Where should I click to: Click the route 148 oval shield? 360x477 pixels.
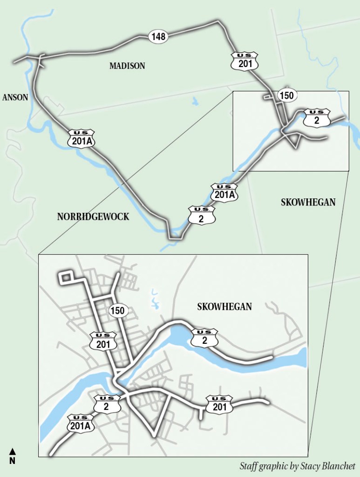click(x=158, y=36)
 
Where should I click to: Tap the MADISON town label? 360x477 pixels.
click(x=127, y=66)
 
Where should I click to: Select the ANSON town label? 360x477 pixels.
click(x=15, y=97)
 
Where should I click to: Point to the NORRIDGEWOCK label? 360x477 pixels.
click(x=93, y=217)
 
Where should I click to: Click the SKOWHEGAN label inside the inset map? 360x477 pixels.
click(x=224, y=307)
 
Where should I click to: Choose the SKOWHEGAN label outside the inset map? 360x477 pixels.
click(x=308, y=202)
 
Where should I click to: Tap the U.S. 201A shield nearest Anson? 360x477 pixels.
click(x=81, y=138)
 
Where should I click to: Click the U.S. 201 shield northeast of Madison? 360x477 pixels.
click(x=245, y=61)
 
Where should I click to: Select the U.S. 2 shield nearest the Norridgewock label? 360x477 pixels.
click(x=202, y=215)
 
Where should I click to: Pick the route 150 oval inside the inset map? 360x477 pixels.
click(x=118, y=311)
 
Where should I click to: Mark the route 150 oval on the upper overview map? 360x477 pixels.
click(x=286, y=96)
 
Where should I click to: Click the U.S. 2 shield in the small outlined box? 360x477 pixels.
click(x=317, y=118)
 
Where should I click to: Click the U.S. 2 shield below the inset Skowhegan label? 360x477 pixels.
click(x=204, y=338)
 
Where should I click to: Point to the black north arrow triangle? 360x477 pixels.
click(x=13, y=451)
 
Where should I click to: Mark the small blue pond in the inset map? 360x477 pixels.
click(x=153, y=298)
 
